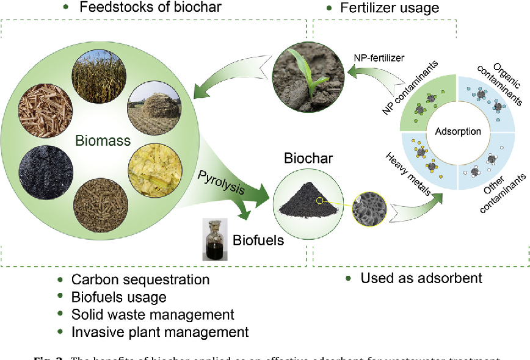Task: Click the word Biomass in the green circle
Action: (103, 142)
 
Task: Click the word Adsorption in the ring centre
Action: (458, 131)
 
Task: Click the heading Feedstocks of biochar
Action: (150, 8)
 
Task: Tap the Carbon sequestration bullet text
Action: (140, 279)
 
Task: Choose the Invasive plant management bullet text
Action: (160, 332)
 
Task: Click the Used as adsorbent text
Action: (421, 278)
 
